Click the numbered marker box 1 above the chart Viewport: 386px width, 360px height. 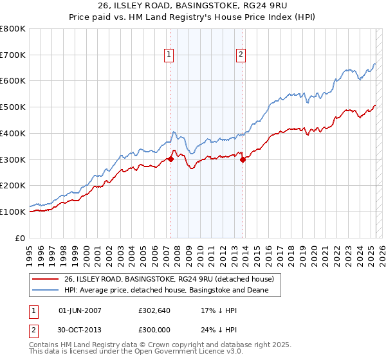[169, 55]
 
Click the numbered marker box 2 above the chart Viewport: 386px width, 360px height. [241, 55]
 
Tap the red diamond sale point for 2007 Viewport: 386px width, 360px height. [170, 159]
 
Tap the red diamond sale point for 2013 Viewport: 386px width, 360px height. [243, 160]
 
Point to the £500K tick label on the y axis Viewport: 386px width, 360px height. [13, 107]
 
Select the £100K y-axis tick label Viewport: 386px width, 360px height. [13, 212]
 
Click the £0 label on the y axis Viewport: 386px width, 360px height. [21, 238]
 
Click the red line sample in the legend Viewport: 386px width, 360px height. [46, 279]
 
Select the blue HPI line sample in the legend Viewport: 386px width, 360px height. [46, 291]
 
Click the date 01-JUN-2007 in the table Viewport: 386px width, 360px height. [79, 310]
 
